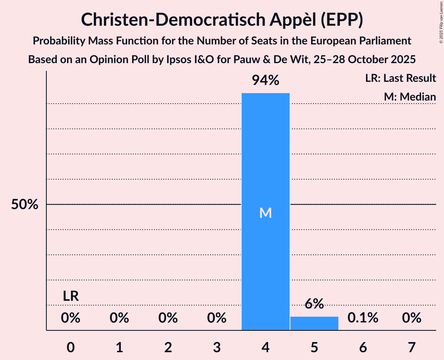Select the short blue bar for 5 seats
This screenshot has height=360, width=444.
[x=314, y=323]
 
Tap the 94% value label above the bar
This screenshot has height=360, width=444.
[x=265, y=80]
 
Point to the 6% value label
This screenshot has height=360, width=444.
[x=314, y=304]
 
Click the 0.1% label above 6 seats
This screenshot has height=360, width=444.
[x=363, y=318]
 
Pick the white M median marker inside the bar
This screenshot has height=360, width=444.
[x=265, y=213]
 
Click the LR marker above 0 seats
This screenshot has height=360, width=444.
[x=71, y=296]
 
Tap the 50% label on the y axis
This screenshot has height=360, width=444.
[x=25, y=205]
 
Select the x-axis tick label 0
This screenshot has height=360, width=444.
[x=71, y=347]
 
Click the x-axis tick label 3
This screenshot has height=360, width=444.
[x=217, y=347]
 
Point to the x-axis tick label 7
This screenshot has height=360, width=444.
[x=412, y=347]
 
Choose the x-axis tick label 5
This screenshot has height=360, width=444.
[x=314, y=347]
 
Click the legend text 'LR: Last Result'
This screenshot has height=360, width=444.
[x=400, y=78]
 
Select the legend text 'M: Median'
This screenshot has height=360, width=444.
[x=410, y=97]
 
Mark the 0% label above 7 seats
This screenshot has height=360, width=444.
[x=412, y=318]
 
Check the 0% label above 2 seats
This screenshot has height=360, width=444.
[x=168, y=318]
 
